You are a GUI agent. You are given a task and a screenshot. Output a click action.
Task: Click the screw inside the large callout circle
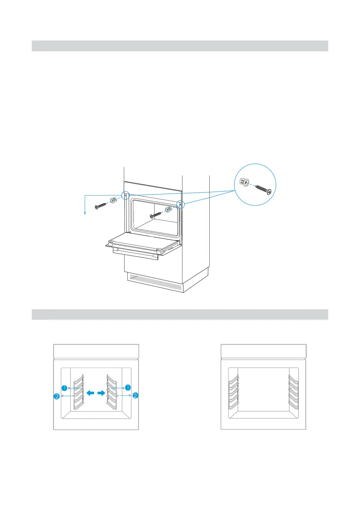coord(263,189)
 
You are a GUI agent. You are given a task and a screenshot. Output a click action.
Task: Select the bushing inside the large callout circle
coord(244,182)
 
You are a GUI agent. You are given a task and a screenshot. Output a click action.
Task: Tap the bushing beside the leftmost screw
coord(114,200)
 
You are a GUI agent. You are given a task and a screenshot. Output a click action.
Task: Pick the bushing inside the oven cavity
coord(168,210)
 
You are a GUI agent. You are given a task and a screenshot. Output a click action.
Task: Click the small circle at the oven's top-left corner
coord(125,195)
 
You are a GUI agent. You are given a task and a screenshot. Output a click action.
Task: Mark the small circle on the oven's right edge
coord(180,205)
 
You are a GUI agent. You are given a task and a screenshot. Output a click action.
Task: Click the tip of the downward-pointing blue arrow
coord(85,216)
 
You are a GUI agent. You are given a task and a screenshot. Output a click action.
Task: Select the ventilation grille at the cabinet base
coord(154,282)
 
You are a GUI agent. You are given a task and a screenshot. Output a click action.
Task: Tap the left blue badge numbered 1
coord(65,388)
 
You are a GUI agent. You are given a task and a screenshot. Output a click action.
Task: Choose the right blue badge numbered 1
coord(128,388)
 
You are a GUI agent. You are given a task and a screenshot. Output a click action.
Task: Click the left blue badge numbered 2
coord(57,396)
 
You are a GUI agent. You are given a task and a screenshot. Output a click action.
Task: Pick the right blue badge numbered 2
coord(135,396)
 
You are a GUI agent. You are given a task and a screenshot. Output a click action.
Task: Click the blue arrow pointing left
coord(90,393)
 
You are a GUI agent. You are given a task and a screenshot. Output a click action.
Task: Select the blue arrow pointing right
coord(101,393)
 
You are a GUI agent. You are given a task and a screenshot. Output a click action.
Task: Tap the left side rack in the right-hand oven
coord(233,392)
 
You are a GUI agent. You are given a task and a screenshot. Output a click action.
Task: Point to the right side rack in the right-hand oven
coord(293,392)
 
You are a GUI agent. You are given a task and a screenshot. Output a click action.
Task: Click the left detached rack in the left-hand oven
coord(78,392)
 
